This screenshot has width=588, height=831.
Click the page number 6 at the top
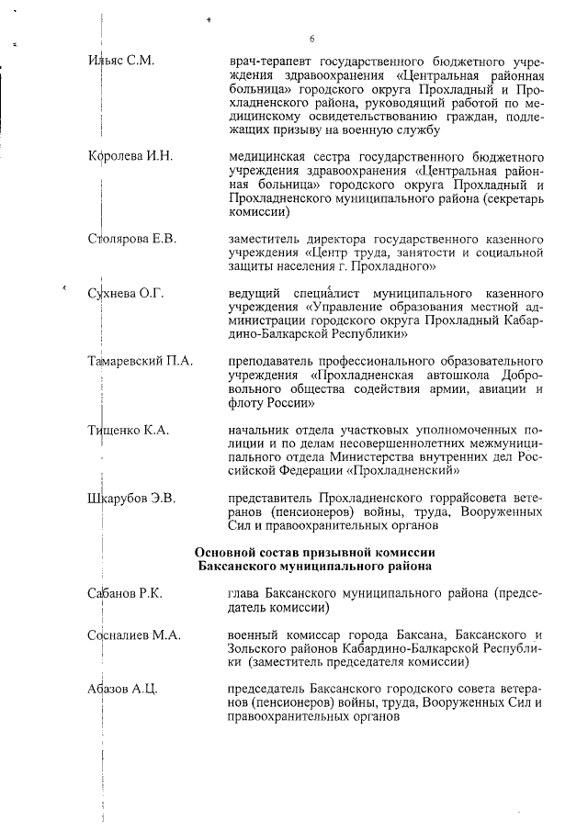pyautogui.click(x=312, y=39)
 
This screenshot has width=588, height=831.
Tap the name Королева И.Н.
pyautogui.click(x=130, y=154)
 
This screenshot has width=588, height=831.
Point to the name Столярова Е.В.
pyautogui.click(x=132, y=239)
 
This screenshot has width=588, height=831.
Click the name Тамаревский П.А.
pyautogui.click(x=141, y=361)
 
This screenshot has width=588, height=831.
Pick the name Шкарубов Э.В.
pyautogui.click(x=131, y=499)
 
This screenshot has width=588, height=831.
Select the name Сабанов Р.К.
pyautogui.click(x=125, y=594)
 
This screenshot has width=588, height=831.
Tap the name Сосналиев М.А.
pyautogui.click(x=134, y=635)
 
